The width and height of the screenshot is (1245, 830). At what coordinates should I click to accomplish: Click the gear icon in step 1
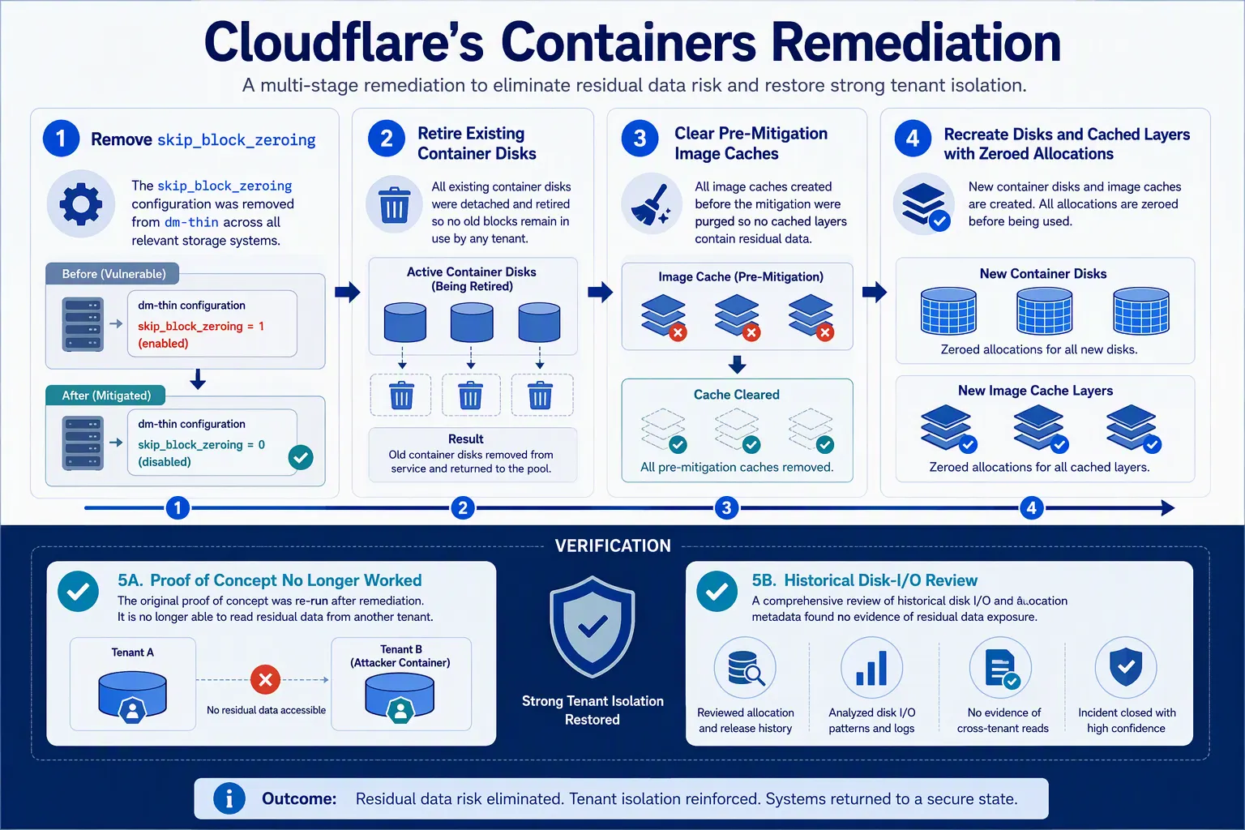[81, 203]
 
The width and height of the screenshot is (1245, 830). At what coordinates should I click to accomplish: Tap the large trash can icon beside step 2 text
[394, 204]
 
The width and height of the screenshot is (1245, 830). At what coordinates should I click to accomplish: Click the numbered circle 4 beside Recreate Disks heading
[913, 139]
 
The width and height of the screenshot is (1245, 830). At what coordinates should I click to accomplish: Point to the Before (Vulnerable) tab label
[113, 273]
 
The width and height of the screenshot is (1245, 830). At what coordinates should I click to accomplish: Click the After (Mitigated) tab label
[106, 396]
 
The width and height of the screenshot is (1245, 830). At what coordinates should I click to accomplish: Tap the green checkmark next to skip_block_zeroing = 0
[301, 457]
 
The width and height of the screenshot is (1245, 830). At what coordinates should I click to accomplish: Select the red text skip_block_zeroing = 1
[201, 326]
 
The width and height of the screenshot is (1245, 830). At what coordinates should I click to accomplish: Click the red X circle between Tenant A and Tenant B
[265, 679]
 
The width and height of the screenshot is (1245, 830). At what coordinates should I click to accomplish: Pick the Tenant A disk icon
[132, 696]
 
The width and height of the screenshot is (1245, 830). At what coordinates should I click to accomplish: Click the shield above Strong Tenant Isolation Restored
[593, 627]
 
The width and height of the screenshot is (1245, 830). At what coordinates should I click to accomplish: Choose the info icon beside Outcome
[229, 799]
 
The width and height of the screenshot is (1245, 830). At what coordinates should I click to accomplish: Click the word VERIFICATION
[613, 546]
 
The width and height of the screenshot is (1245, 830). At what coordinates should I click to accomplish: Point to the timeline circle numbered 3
[726, 507]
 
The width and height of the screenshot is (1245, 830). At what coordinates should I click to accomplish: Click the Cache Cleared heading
[737, 394]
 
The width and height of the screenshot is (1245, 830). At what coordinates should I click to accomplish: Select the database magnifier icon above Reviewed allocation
[746, 667]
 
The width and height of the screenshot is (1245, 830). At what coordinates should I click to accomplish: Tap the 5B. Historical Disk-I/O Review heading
[864, 580]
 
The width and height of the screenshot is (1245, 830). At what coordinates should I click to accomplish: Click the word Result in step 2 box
[466, 439]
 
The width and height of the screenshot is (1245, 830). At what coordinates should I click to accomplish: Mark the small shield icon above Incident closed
[1126, 667]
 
